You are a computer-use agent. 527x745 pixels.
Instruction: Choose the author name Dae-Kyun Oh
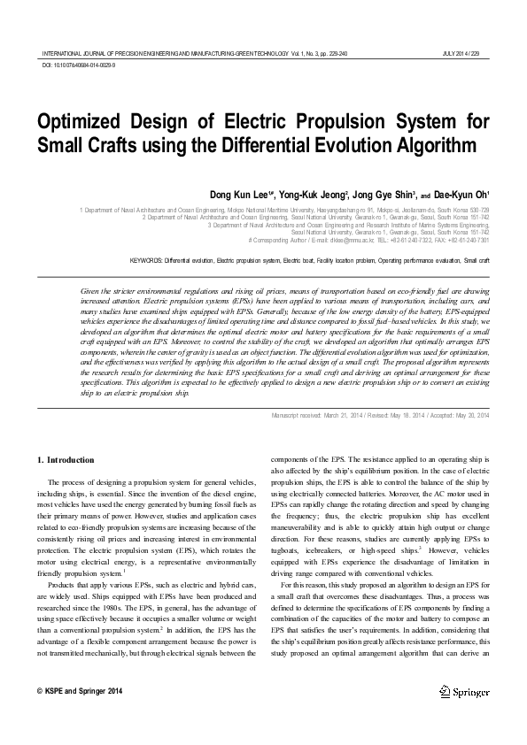click(461, 194)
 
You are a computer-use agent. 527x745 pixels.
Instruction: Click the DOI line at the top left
click(78, 65)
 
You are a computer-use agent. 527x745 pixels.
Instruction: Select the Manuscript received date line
click(380, 416)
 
